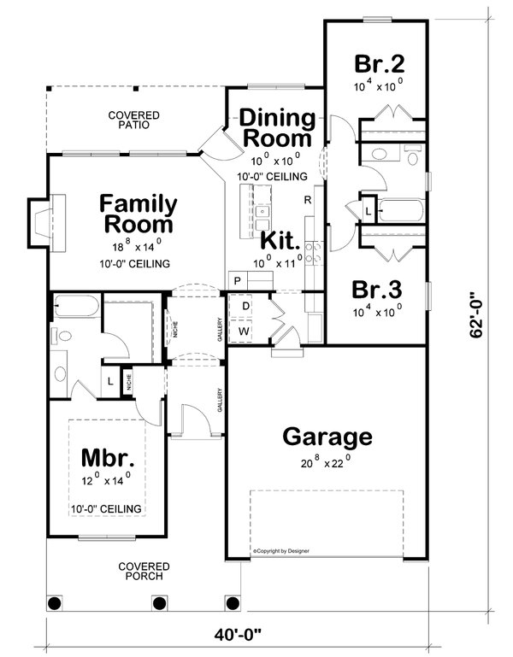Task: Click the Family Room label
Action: click(x=138, y=214)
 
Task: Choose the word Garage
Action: click(x=327, y=437)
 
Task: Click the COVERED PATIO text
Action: click(x=129, y=120)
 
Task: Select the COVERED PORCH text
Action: click(x=144, y=572)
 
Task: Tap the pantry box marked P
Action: click(x=237, y=281)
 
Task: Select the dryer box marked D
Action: click(x=245, y=305)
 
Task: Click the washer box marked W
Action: click(x=245, y=330)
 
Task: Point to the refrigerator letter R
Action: click(x=306, y=199)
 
